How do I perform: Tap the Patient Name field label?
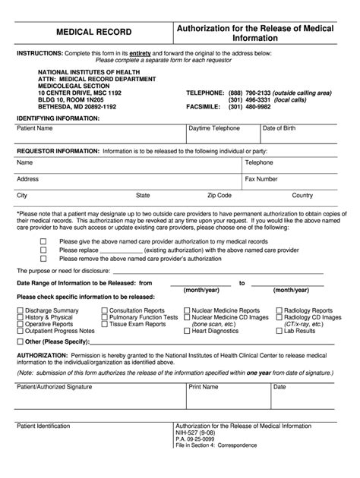coord(36,129)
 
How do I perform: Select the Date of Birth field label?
coord(279,129)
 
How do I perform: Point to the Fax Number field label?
coord(261,179)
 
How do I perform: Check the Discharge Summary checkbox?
coord(21,289)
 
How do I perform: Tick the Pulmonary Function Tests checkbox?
coord(104,296)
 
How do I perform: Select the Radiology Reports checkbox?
coord(279,289)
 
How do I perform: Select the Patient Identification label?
coord(47,447)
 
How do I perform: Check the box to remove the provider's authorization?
coord(43,258)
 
